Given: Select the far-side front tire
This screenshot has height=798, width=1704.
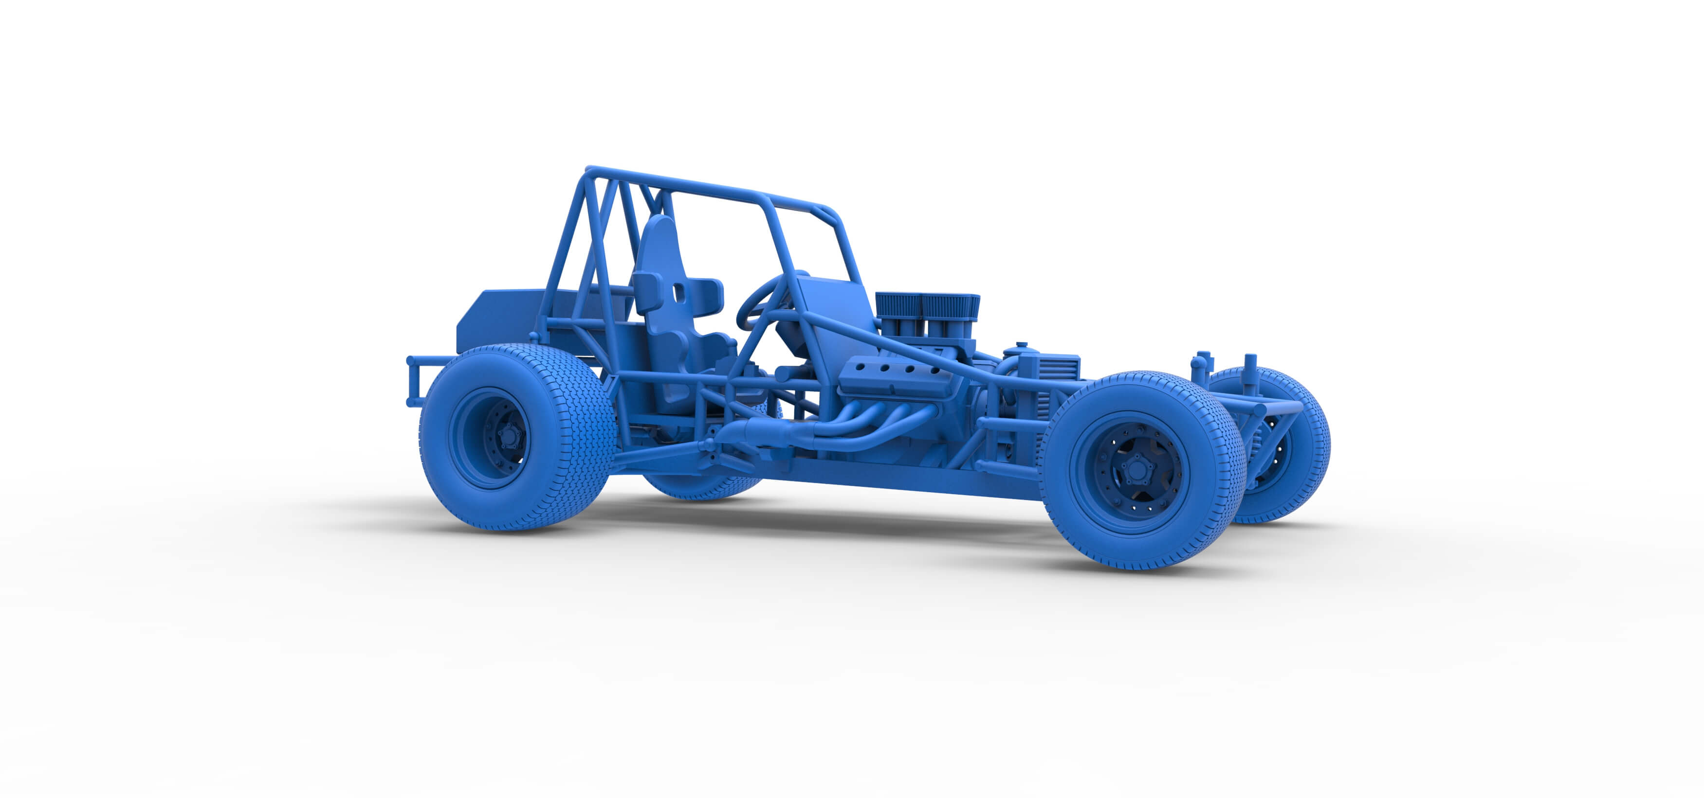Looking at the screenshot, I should point(1297,463).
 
